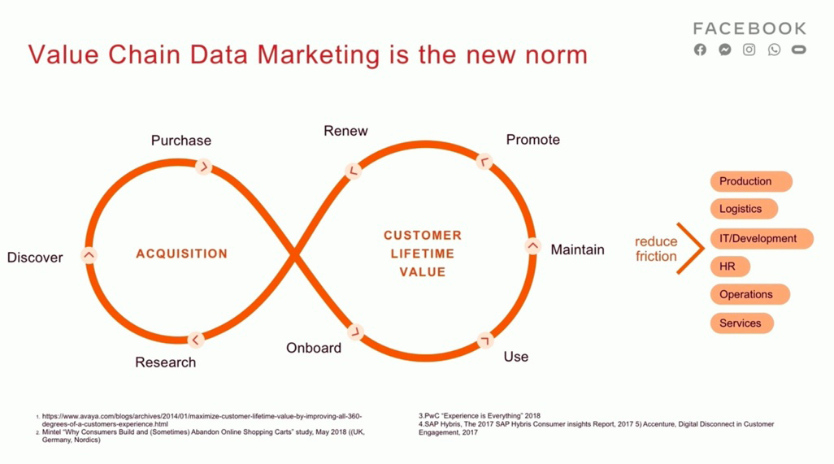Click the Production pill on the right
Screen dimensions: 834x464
pos(751,181)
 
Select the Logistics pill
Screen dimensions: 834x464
pos(744,209)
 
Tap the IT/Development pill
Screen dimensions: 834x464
pos(762,239)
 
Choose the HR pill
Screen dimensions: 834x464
pos(730,267)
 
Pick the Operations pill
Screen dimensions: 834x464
pos(750,294)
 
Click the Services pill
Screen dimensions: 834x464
pos(742,323)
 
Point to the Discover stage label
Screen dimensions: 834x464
pos(35,258)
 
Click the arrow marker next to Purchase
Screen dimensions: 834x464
pos(203,167)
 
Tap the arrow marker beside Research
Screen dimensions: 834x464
pos(196,340)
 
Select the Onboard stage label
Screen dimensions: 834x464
pos(314,348)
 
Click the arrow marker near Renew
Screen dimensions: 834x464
pos(353,171)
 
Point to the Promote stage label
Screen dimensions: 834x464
pos(533,140)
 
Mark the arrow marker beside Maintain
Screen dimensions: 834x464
pos(532,246)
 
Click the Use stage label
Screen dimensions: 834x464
pos(516,357)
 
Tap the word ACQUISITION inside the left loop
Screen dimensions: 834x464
pos(182,254)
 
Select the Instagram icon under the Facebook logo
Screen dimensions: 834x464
pos(749,50)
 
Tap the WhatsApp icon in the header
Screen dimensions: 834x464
pos(774,50)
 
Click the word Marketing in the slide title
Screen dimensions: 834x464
pos(319,55)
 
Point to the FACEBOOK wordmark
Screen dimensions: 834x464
pos(750,28)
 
